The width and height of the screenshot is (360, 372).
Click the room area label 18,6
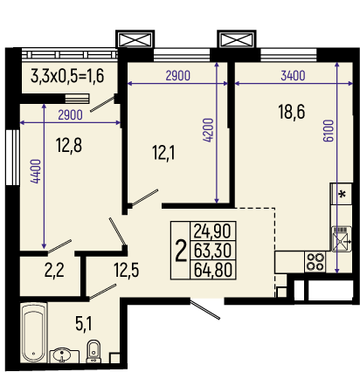[292, 112]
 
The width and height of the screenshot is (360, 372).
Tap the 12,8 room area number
[69, 145]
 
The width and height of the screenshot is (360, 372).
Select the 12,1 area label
[163, 153]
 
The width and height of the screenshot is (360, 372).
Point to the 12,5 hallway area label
[127, 270]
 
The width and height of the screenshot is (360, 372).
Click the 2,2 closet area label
[54, 270]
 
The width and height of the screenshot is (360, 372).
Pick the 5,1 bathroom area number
[84, 324]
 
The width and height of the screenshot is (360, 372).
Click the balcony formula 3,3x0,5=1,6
[67, 76]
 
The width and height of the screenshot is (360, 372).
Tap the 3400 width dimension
[293, 76]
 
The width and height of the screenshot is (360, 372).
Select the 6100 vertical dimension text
[329, 130]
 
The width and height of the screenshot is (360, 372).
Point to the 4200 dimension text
[209, 130]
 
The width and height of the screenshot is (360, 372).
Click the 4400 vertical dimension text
[36, 171]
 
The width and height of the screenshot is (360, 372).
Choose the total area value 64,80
[213, 270]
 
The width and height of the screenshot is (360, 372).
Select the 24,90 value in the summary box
[212, 231]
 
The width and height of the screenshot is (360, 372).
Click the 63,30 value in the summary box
[213, 251]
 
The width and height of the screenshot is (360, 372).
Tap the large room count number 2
[181, 251]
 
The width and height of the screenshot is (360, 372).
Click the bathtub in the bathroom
[34, 333]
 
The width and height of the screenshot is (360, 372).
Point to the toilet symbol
[93, 351]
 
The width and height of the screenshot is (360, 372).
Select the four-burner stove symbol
[315, 262]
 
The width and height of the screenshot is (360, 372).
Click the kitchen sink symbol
[342, 238]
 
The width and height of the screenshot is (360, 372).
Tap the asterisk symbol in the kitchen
[343, 194]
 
